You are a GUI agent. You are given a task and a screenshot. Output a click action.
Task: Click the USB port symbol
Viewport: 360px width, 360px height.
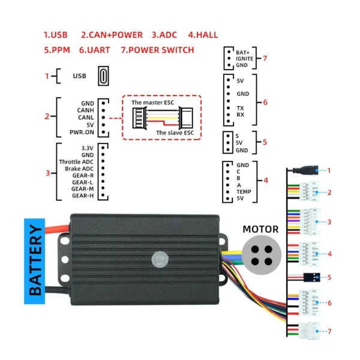(104, 76)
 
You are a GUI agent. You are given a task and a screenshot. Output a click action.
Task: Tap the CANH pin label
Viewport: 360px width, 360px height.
(85, 110)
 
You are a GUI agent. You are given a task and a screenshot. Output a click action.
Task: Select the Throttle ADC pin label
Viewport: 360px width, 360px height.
(77, 162)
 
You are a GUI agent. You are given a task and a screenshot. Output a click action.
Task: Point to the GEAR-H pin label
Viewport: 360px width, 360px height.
(83, 195)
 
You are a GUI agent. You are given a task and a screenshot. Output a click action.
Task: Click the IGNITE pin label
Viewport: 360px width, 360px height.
(245, 58)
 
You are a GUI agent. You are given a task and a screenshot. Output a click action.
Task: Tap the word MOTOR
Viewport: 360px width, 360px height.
(260, 229)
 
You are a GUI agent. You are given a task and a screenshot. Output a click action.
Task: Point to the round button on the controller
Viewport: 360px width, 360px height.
(160, 259)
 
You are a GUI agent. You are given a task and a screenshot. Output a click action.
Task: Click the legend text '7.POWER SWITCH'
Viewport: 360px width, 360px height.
(157, 50)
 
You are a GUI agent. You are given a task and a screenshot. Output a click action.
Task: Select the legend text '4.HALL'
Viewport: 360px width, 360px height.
(203, 35)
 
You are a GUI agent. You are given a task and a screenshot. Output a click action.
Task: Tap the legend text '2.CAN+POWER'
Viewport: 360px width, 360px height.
(112, 35)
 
